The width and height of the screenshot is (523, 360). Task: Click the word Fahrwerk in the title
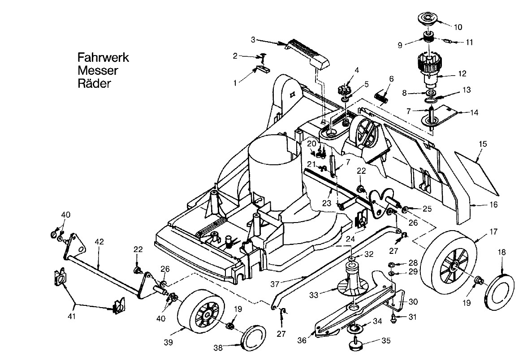click(103, 58)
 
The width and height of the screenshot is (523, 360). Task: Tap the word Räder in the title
click(94, 83)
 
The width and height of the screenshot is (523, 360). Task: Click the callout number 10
click(458, 27)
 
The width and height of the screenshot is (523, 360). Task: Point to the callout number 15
click(483, 144)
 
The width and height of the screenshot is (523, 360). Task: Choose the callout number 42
click(99, 242)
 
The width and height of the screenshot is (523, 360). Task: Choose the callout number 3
click(253, 40)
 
